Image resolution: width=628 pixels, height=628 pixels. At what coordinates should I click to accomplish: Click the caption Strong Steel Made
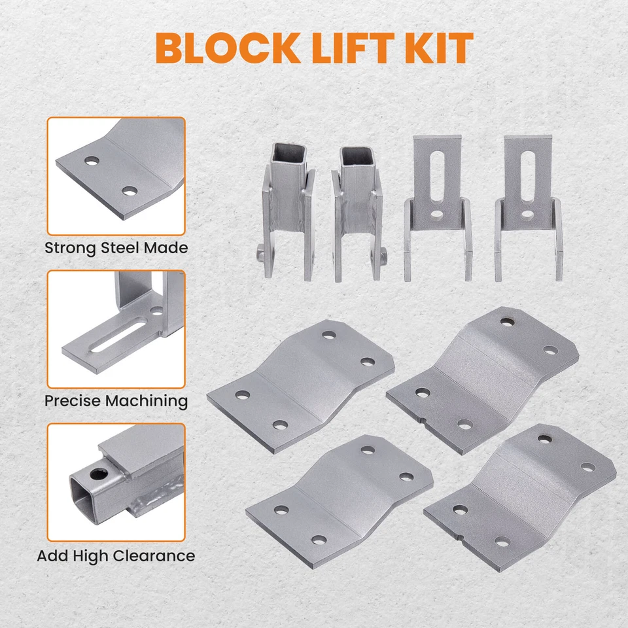click(x=116, y=248)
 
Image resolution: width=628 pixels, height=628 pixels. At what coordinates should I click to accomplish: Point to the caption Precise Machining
click(x=116, y=400)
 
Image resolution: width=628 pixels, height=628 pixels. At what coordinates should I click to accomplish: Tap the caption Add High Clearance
click(x=116, y=556)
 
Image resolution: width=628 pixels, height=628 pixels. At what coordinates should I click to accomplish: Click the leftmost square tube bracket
click(x=287, y=209)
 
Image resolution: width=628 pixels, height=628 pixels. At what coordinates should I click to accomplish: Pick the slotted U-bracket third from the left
click(x=437, y=209)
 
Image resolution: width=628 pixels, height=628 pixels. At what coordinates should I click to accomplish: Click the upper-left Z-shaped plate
click(x=301, y=386)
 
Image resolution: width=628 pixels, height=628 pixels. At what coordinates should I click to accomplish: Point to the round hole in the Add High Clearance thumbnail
click(x=101, y=473)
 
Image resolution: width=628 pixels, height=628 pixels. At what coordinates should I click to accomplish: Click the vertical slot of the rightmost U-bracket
click(x=527, y=173)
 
